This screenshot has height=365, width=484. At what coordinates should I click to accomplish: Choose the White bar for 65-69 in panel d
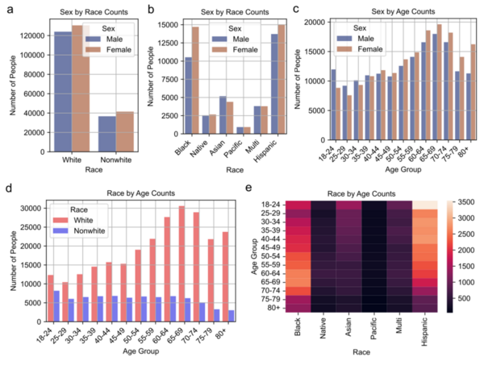tap(181, 260)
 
